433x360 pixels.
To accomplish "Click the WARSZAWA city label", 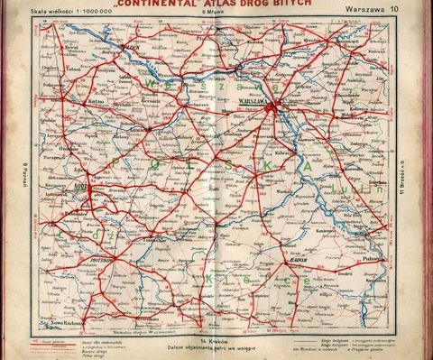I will click(255, 102).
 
